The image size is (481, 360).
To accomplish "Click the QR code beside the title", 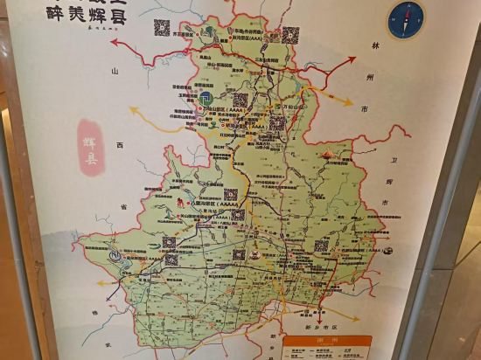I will [162, 27].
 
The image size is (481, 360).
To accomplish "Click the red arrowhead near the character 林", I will [354, 59].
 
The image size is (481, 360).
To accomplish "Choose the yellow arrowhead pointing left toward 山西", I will [132, 110].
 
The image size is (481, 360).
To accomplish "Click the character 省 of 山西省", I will [124, 206].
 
